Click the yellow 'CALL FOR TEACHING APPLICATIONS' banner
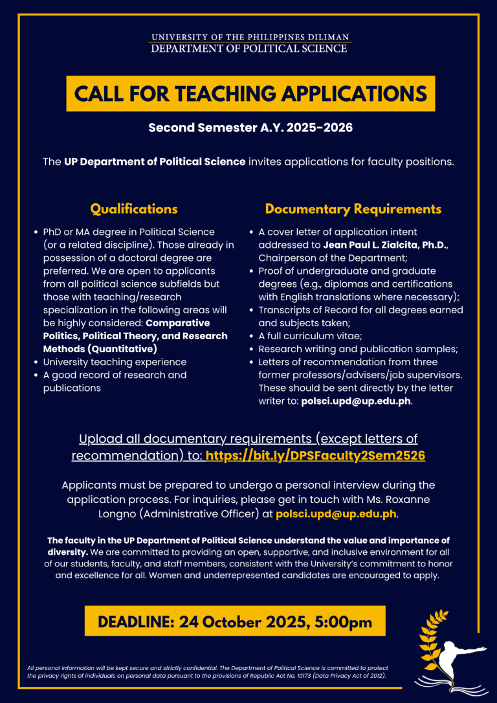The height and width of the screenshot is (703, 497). (250, 94)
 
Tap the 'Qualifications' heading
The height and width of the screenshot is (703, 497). (133, 209)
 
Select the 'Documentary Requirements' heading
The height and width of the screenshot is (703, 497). (353, 209)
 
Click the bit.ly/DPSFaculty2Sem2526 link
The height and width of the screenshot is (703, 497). (315, 456)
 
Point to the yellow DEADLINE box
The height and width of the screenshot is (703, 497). (234, 622)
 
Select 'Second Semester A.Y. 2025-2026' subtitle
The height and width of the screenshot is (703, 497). (250, 128)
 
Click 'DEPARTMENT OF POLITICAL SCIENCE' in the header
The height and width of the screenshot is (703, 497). (250, 49)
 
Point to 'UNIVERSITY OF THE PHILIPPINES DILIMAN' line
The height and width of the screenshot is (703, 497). (250, 38)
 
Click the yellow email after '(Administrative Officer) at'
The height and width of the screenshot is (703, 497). (335, 515)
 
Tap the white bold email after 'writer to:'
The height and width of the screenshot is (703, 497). (356, 401)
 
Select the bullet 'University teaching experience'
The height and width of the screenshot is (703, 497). (115, 362)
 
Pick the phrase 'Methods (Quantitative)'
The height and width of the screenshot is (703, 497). (100, 349)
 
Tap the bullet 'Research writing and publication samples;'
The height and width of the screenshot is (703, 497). (358, 349)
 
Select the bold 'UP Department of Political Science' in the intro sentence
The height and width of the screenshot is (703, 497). (155, 161)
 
